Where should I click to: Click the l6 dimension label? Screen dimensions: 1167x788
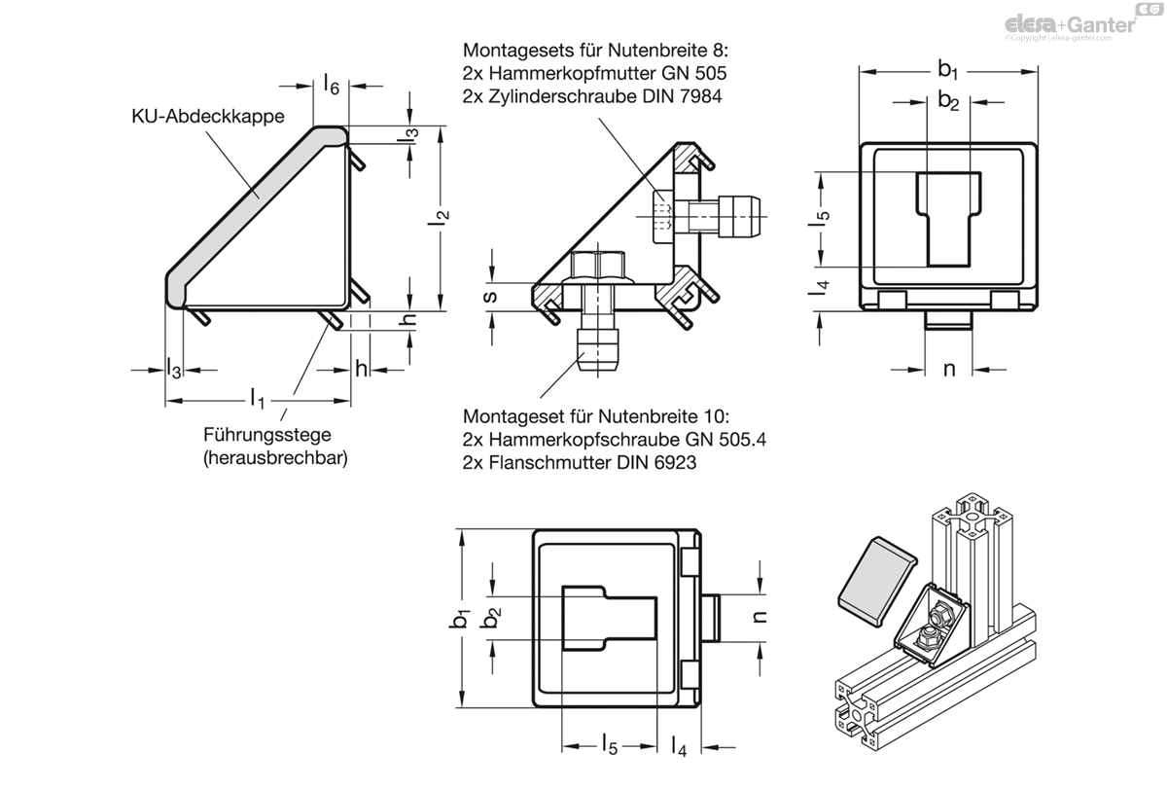(332, 84)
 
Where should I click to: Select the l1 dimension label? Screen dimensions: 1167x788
(258, 399)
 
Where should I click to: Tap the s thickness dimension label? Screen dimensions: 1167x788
(490, 297)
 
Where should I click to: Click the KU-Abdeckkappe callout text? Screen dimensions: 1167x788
(208, 116)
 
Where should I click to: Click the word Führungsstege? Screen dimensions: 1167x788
(266, 435)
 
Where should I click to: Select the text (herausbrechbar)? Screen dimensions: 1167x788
(275, 458)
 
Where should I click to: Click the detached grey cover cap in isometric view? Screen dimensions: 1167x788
(877, 581)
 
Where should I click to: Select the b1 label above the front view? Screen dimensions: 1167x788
(948, 69)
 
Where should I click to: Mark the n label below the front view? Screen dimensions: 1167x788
(949, 370)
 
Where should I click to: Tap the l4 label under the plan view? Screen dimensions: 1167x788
(679, 746)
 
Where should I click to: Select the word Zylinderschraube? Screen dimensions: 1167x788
(563, 96)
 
